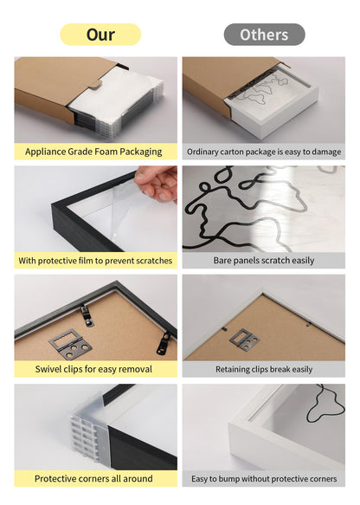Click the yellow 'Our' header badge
pos(100,35)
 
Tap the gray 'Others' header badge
pos(264,35)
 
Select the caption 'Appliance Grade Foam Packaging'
pos(93,152)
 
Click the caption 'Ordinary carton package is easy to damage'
pos(264,152)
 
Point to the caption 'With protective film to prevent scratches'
pos(95,260)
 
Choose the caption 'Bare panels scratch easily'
pos(264,260)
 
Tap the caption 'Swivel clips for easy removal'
pos(93,369)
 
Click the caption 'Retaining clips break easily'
pos(264,369)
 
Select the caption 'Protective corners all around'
pos(93,478)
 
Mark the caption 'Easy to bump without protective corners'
pos(264,478)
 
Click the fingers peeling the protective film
pos(158,184)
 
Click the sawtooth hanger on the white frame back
pos(243,339)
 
